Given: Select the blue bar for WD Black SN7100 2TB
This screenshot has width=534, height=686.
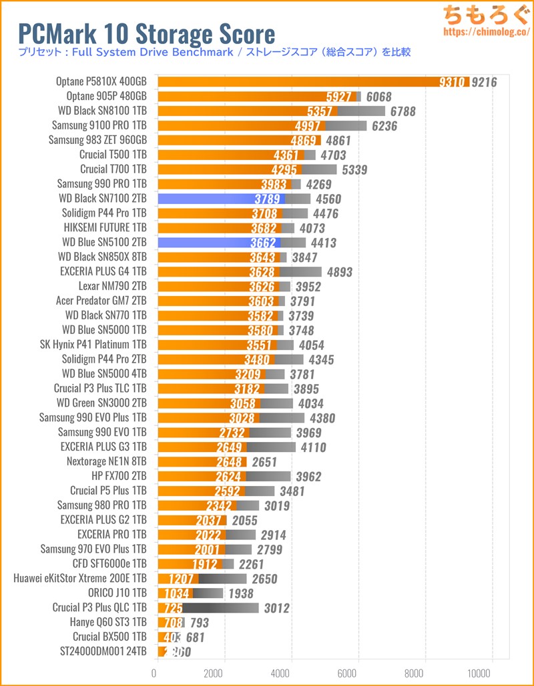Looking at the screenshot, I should point(221,199).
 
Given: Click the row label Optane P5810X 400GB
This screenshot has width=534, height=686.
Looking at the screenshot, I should point(101,82).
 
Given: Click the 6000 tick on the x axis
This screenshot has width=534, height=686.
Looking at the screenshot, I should point(358,673).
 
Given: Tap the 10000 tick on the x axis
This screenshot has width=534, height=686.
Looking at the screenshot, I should point(492,673).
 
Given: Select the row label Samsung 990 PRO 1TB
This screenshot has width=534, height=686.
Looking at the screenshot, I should point(101,184).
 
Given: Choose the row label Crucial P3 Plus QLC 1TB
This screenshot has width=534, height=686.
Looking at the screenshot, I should point(99,608).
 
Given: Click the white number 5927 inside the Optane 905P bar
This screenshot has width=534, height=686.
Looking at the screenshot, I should point(340,97).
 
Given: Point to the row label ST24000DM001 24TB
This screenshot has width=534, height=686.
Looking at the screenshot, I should point(103,652).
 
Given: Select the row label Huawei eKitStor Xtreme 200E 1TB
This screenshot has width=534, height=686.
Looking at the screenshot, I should point(79,579).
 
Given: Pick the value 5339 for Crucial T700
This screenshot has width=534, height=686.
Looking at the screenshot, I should point(354,170).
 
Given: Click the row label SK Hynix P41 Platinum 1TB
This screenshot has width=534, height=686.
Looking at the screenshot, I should point(93,345).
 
